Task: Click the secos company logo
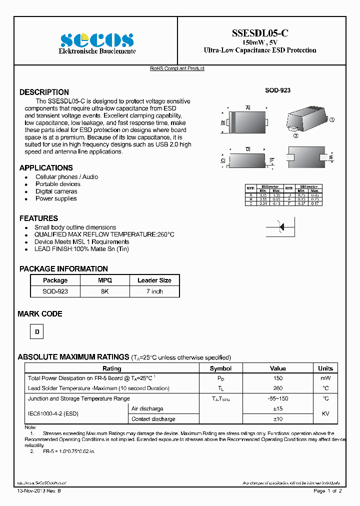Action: tap(97, 40)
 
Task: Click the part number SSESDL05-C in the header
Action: tap(259, 33)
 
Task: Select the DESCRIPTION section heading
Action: tap(44, 92)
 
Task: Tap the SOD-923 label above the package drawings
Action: tap(277, 90)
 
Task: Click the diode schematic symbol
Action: tap(281, 227)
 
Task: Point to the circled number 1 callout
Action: tap(331, 120)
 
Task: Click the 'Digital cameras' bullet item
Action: tap(56, 191)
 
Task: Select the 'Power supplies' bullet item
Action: tap(56, 198)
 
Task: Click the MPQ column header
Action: tap(105, 280)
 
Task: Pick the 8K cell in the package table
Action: tap(105, 291)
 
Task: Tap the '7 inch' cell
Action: tap(154, 291)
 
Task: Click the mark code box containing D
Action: tap(36, 331)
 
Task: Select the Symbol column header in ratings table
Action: tap(220, 368)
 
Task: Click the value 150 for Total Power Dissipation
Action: tap(278, 378)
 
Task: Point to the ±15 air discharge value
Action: tap(278, 409)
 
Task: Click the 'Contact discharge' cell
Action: tap(153, 419)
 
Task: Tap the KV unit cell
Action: tap(325, 414)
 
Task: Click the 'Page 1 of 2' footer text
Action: tap(327, 491)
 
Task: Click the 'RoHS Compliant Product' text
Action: tap(177, 68)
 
